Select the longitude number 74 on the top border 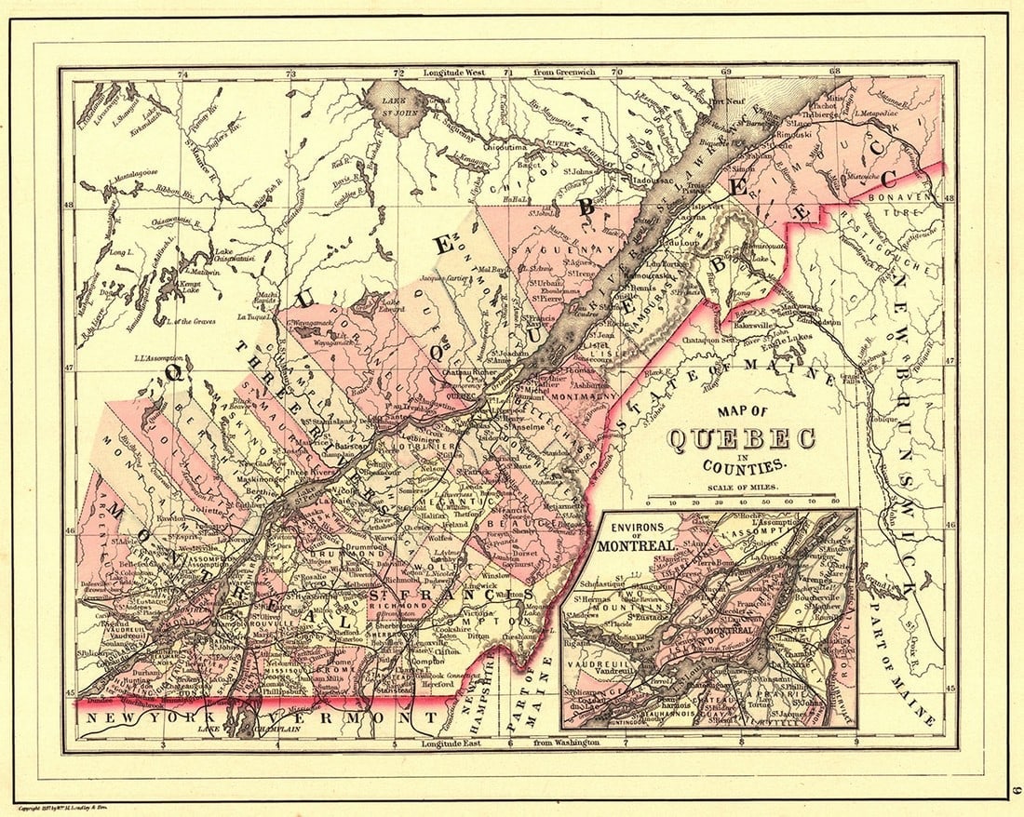[x=183, y=73]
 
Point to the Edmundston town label [x=818, y=323]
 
